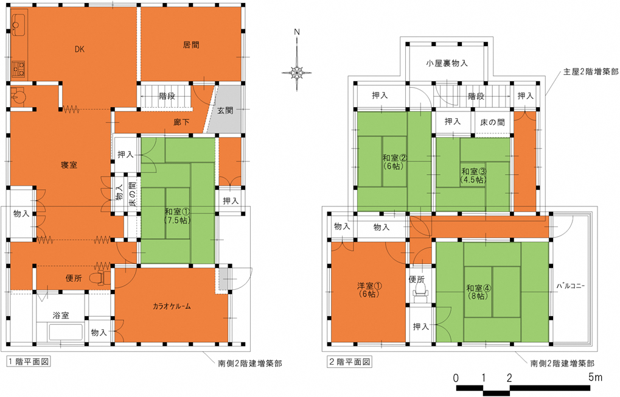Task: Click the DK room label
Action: coord(80,49)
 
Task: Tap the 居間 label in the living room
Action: coord(191,45)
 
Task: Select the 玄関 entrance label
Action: coord(225,110)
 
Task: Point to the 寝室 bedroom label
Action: coord(69,164)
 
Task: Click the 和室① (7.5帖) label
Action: coord(178,216)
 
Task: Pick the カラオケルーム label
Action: coord(172,306)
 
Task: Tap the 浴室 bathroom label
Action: coord(60,315)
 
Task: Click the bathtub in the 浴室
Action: coord(60,332)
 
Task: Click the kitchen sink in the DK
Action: coord(18,24)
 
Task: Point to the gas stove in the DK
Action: coord(18,68)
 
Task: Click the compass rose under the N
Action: coord(296,73)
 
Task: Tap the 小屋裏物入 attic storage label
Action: coord(447,63)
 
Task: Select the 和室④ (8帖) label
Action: coord(478,292)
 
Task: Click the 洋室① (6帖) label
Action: coord(369,290)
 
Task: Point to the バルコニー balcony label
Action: coord(571,286)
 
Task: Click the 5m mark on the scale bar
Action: coord(595,377)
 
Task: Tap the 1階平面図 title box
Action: coord(29,361)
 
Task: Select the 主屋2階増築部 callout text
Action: coord(591,72)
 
